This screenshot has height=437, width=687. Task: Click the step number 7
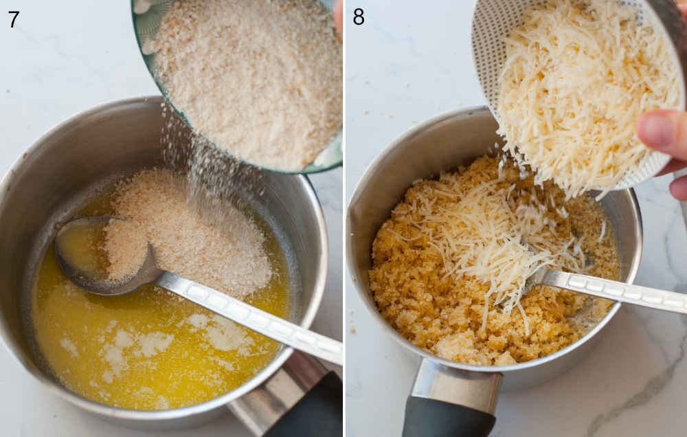tap(13, 19)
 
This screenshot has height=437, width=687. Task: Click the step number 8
tap(359, 16)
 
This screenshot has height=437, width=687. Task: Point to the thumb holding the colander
tap(660, 132)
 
